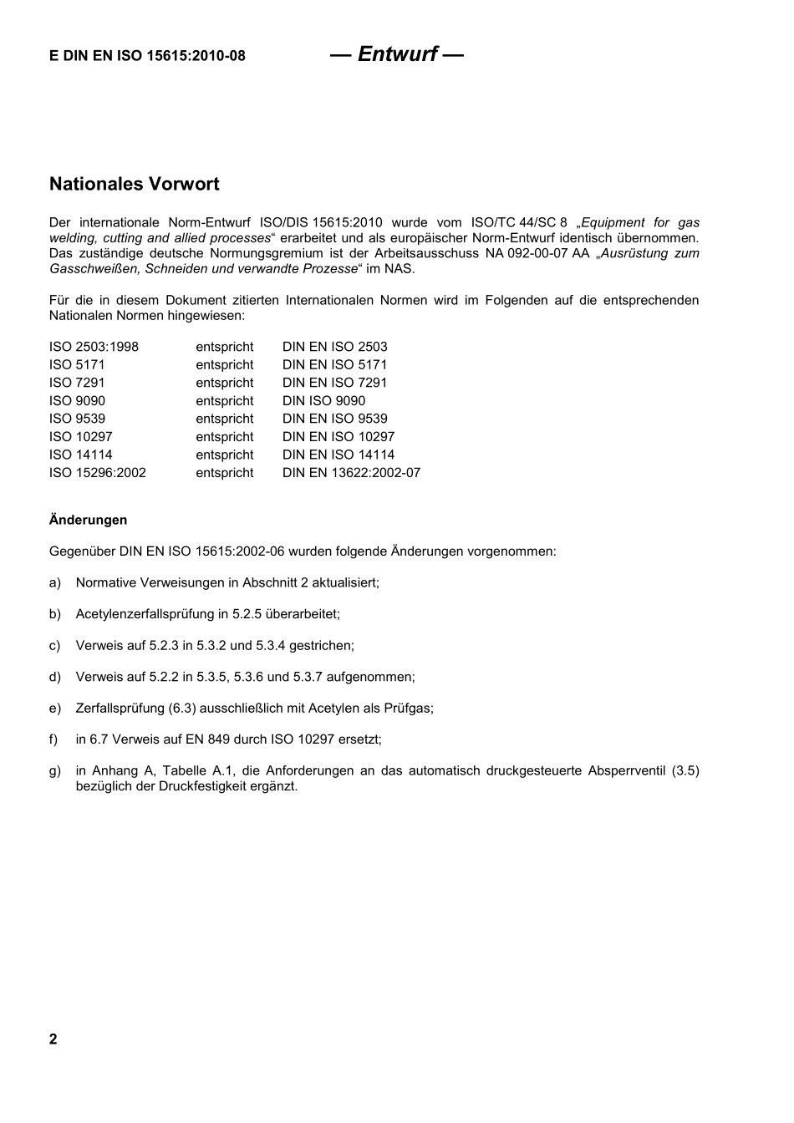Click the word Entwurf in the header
(x=397, y=54)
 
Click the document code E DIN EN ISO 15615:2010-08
(x=147, y=56)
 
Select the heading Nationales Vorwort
(x=134, y=184)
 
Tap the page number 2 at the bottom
(x=53, y=1039)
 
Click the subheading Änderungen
(x=88, y=520)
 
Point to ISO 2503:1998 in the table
(x=94, y=347)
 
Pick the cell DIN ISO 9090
(x=323, y=401)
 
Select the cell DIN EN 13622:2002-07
(x=351, y=473)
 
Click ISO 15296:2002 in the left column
(x=97, y=473)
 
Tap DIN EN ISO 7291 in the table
(x=334, y=383)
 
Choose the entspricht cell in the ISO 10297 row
(x=224, y=437)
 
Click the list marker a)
(x=55, y=582)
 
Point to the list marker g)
(x=55, y=770)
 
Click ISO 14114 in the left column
(x=80, y=455)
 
